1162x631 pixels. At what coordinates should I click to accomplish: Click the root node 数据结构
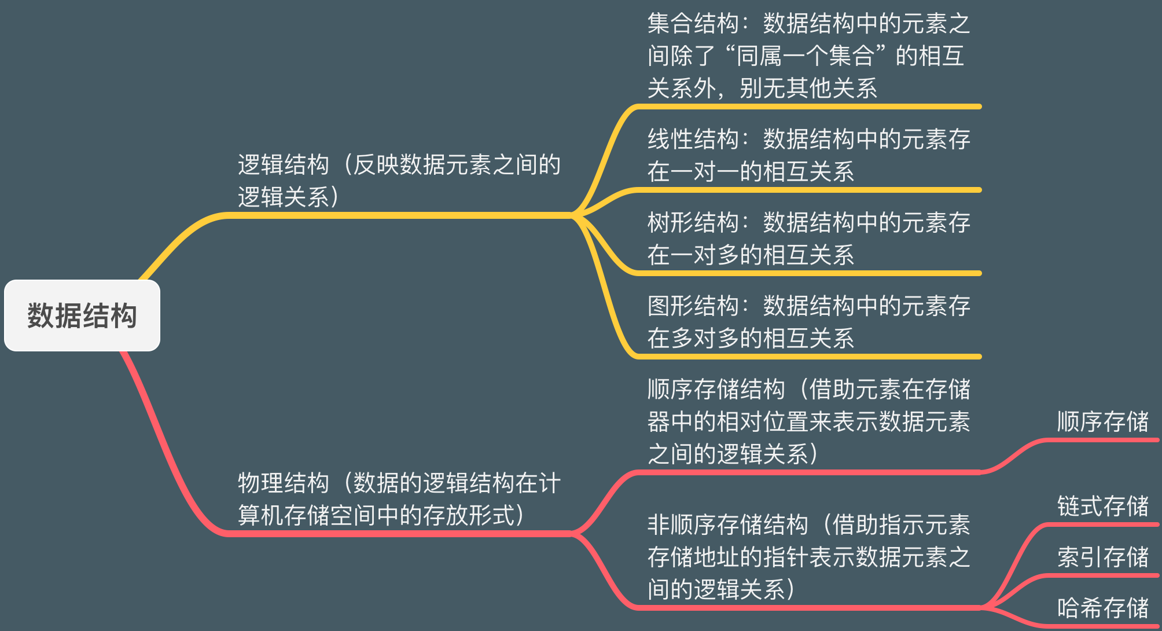(x=82, y=315)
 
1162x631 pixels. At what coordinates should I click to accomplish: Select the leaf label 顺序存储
(x=1102, y=422)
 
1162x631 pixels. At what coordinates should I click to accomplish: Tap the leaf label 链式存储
(x=1102, y=506)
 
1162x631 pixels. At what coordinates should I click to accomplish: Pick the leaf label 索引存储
(x=1102, y=557)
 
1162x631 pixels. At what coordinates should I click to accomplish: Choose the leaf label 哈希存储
(x=1102, y=608)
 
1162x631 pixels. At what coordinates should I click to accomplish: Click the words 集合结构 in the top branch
(x=693, y=24)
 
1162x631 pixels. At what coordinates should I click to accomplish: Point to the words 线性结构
(x=693, y=140)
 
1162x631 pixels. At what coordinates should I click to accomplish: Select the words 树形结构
(x=693, y=223)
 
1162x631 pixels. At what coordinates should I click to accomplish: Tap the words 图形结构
(x=693, y=306)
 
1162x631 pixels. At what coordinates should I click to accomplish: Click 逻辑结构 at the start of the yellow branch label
(x=283, y=165)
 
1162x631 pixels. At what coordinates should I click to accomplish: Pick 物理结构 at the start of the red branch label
(x=283, y=483)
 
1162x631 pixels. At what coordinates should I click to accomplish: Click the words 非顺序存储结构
(x=727, y=525)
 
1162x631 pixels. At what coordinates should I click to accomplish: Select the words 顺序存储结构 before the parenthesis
(x=716, y=390)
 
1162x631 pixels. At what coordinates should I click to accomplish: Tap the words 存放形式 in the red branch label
(x=468, y=516)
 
